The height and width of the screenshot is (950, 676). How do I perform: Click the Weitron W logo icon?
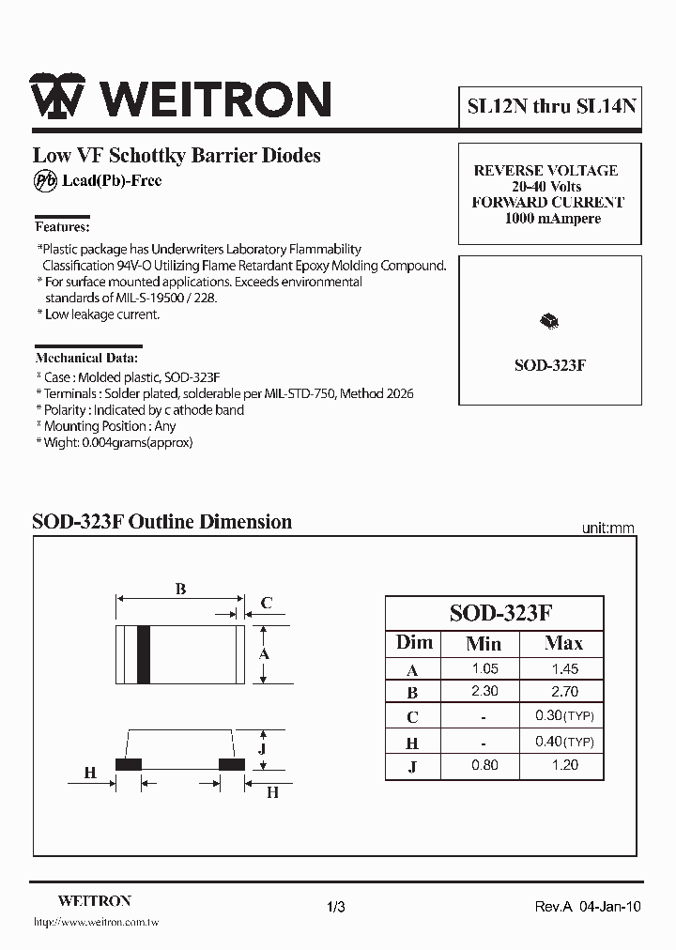(58, 97)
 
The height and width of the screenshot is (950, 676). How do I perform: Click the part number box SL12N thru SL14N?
(552, 106)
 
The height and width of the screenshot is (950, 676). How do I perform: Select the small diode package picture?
(549, 322)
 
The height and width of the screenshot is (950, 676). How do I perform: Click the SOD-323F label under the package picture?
(549, 365)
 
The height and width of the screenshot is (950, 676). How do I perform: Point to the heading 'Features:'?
(62, 226)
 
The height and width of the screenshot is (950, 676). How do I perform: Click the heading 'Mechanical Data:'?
(86, 358)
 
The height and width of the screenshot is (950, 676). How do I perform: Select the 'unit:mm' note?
(607, 529)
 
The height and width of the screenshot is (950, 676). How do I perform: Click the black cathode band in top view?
(144, 653)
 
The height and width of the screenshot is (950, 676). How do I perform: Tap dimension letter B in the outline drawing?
(180, 590)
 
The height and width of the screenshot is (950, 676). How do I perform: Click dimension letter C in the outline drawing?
(267, 603)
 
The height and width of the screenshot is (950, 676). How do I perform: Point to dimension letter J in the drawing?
(264, 748)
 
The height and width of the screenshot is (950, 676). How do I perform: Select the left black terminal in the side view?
(128, 764)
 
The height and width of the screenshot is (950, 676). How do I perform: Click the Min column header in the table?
(484, 643)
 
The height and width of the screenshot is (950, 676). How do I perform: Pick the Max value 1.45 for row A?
(564, 669)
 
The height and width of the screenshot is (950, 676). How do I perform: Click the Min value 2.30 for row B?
(484, 692)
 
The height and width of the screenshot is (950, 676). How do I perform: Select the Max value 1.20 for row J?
(564, 765)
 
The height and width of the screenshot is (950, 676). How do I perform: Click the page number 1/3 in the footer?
(337, 907)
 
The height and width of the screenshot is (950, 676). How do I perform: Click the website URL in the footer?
(96, 923)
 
